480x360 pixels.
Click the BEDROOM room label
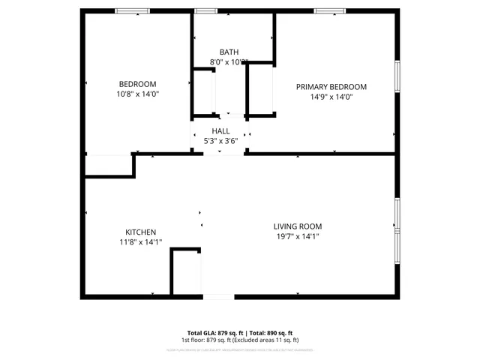click(x=137, y=83)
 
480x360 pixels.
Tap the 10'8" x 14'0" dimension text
click(x=137, y=94)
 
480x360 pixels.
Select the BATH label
click(x=229, y=52)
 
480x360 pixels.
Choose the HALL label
click(x=220, y=130)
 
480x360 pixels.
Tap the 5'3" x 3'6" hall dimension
click(x=220, y=141)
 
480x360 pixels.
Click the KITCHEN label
click(x=140, y=232)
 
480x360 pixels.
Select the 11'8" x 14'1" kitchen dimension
click(x=140, y=242)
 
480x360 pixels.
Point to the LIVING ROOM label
click(x=297, y=226)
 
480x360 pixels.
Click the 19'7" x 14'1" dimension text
click(x=297, y=237)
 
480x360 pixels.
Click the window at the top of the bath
click(x=205, y=11)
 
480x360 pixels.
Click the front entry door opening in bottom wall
click(x=219, y=297)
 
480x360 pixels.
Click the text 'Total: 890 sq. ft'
click(x=271, y=332)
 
